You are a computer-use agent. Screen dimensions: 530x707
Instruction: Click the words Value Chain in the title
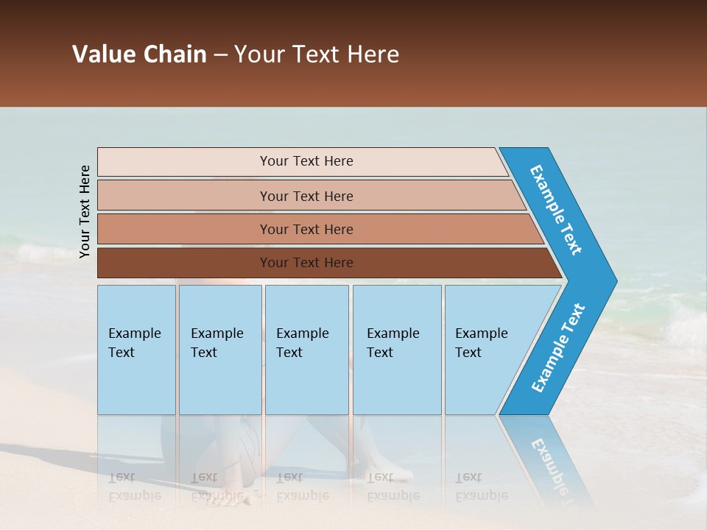point(139,54)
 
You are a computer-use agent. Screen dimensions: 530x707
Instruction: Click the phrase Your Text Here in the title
point(317,54)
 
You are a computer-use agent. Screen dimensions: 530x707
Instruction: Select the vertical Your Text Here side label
point(85,211)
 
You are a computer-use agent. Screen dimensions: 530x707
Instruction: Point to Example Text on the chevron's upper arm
point(556,210)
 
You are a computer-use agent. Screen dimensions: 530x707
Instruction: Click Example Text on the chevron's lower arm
point(557,348)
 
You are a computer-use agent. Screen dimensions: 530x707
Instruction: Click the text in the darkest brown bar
point(306,263)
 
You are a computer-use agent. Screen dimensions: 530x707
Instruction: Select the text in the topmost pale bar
point(306,161)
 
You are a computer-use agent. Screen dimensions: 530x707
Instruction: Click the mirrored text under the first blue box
point(134,487)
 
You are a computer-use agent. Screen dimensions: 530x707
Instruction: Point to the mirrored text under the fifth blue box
point(481,487)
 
